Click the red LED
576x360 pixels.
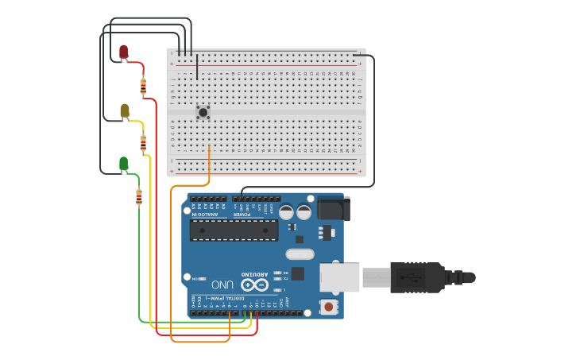[123, 52]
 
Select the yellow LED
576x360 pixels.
[125, 110]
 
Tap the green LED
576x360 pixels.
[123, 164]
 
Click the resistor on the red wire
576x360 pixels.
[143, 87]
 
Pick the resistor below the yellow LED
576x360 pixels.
[143, 143]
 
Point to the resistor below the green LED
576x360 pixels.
[139, 197]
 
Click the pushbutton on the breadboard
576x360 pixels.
[203, 113]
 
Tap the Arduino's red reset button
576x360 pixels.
[327, 306]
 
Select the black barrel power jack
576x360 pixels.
[332, 209]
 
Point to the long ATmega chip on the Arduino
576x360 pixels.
[234, 230]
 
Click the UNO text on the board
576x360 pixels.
[222, 284]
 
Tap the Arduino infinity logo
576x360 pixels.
[254, 285]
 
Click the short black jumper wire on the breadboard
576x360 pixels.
[197, 68]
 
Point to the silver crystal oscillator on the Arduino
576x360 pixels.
[300, 254]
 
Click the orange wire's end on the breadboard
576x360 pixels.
[209, 147]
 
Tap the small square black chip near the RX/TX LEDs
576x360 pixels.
[298, 273]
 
